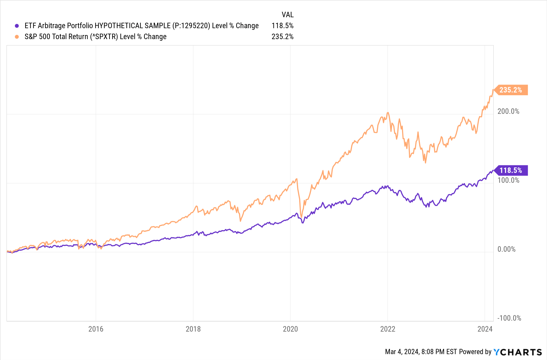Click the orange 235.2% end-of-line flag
tap(511, 90)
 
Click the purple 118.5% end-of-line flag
tap(511, 170)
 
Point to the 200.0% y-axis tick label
tap(508, 111)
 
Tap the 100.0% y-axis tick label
tap(508, 180)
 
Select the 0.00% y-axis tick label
tap(506, 249)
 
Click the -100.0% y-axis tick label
tap(509, 318)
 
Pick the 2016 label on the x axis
tap(96, 329)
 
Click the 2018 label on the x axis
tap(193, 329)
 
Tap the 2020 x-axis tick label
tap(290, 329)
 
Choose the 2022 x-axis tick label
tap(388, 329)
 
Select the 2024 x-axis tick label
tap(485, 329)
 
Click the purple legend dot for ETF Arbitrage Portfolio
tap(17, 26)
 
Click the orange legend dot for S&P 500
tap(17, 37)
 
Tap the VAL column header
tap(287, 14)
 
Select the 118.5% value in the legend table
tap(282, 26)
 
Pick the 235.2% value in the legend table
tap(282, 37)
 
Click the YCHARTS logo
tap(517, 352)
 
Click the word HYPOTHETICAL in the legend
tap(119, 26)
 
